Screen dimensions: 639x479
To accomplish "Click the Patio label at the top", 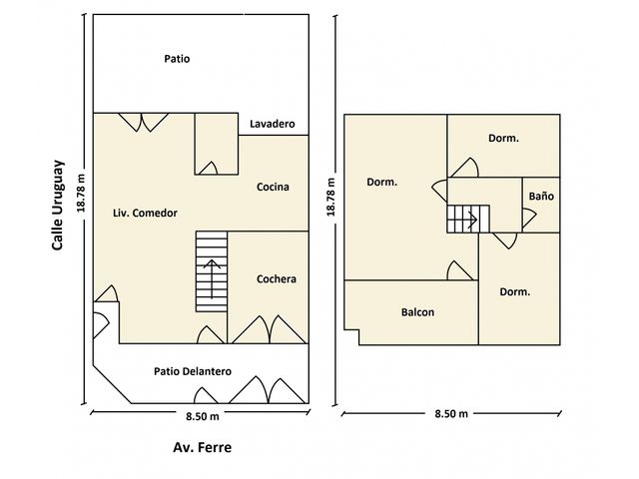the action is coord(177,59).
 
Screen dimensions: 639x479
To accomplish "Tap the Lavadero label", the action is coord(273,124).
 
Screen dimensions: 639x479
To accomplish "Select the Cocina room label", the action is coord(273,187).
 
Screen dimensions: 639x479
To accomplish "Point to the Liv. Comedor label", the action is coord(145,213).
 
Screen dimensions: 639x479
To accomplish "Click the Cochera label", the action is coord(277,279).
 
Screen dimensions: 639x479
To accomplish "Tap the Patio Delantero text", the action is coord(193,371).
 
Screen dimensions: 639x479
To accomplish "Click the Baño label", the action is coord(541,196).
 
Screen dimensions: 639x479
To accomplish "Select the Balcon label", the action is coord(417,312).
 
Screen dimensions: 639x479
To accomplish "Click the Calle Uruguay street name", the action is coord(58,205).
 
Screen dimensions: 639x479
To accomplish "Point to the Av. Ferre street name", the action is coord(202,447).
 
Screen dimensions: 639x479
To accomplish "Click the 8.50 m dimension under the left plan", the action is coord(203,416).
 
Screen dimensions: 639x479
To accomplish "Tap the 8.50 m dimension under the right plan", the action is coord(451,414).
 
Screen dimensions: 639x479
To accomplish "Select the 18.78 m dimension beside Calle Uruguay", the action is coord(81,194).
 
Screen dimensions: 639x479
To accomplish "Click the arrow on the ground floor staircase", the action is coord(212,278).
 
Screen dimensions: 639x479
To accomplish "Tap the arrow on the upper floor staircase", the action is coord(471,220).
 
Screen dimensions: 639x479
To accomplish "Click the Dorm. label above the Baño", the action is coord(503,138).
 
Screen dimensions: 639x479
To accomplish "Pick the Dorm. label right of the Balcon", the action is coord(515,292).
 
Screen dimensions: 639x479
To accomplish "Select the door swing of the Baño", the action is coord(529,219).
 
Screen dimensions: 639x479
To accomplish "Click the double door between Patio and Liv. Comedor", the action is coord(143,123).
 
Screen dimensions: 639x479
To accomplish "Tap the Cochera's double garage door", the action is coord(269,329).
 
